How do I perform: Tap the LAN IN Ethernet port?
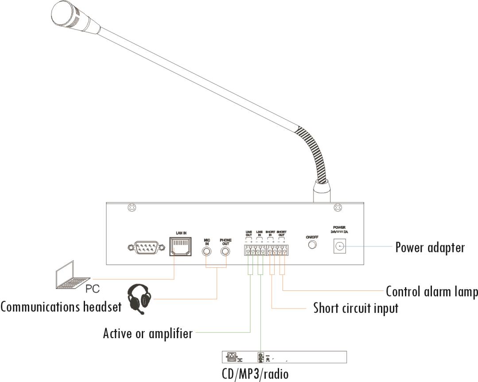180,247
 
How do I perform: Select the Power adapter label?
430,247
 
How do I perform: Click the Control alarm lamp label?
431,292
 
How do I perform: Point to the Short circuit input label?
355,307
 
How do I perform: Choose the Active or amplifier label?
148,332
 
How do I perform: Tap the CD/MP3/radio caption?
255,374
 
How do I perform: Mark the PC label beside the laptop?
92,289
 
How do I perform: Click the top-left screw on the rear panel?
131,207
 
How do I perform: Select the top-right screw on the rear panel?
337,207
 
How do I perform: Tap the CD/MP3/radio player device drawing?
284,357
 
